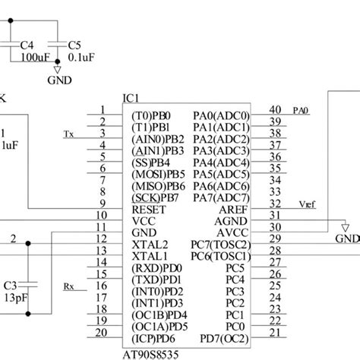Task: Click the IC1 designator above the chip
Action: click(x=131, y=99)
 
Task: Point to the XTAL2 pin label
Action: click(x=150, y=245)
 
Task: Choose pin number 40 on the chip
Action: click(x=276, y=109)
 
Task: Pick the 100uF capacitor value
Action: click(x=34, y=58)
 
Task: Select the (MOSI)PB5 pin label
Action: click(x=158, y=173)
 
